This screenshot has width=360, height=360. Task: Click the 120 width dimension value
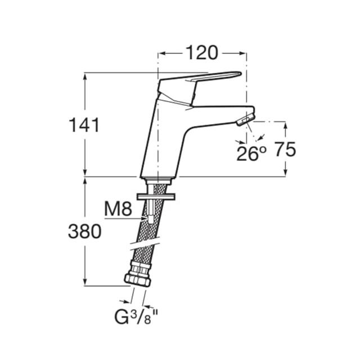(201, 53)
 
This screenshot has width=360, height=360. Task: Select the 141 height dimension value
(84, 125)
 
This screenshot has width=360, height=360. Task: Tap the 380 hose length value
(85, 231)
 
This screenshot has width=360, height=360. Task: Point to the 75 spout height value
(285, 149)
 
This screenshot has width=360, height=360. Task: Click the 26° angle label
(251, 154)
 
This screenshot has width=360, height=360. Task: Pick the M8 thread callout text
(118, 209)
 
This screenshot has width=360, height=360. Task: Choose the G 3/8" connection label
(136, 317)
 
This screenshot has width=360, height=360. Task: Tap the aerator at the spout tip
(246, 120)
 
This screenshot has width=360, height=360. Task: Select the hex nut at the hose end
(137, 280)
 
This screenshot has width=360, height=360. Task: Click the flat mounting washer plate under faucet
(156, 196)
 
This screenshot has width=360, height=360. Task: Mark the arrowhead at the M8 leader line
(144, 218)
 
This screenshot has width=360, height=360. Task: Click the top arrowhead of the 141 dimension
(85, 76)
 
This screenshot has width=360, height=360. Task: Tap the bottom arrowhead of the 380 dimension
(85, 282)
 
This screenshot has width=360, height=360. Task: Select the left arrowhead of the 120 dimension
(162, 53)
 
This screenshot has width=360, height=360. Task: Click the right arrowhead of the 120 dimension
(242, 53)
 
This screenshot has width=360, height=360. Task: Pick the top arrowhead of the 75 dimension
(285, 125)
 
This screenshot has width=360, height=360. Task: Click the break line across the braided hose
(145, 246)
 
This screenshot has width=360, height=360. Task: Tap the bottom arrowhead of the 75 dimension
(285, 173)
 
